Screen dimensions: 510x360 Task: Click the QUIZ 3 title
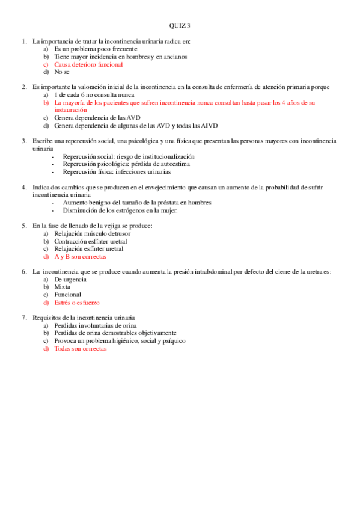point(180,26)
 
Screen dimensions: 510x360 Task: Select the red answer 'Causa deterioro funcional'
point(88,64)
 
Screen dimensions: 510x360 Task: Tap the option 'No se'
point(62,72)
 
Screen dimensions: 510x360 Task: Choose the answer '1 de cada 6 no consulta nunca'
point(94,95)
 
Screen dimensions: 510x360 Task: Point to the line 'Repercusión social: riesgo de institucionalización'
point(129,156)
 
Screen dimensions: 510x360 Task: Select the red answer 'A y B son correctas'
point(80,256)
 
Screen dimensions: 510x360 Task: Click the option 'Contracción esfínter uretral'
point(90,241)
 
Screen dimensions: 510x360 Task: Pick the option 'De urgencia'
point(67,280)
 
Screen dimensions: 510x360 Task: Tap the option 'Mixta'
point(62,287)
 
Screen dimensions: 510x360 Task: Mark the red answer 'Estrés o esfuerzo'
point(77,303)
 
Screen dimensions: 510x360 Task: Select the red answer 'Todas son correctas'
point(80,349)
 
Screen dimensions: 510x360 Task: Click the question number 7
point(24,318)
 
